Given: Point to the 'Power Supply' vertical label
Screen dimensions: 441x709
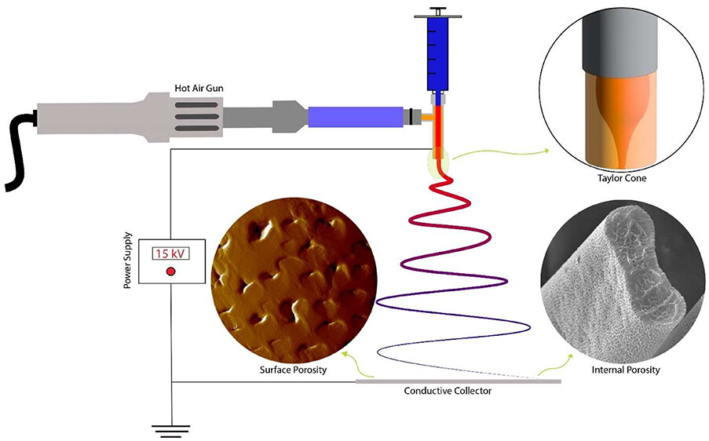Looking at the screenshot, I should pos(127,261).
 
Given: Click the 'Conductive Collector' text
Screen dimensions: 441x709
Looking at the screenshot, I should pos(448,391).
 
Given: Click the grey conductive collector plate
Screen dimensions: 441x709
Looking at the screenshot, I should pos(459,381).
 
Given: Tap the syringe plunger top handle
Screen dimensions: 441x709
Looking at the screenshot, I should pos(437,9).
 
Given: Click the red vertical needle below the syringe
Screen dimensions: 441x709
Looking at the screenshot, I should pos(437,129).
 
